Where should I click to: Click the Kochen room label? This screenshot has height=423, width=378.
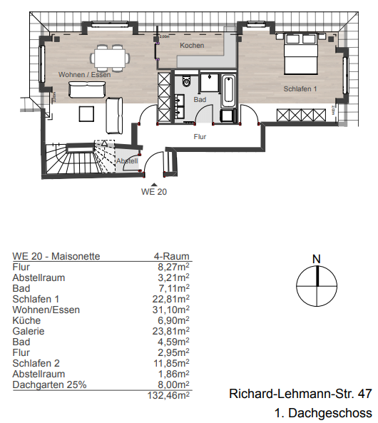pos(192,46)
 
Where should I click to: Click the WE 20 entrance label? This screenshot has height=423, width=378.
pos(155,191)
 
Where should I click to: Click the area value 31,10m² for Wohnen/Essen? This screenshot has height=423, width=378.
pos(171,310)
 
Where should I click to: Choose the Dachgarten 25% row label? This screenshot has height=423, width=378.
pos(49,384)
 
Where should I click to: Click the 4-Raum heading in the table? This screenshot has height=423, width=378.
pos(171,256)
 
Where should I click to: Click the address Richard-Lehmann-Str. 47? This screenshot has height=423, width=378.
pos(300,394)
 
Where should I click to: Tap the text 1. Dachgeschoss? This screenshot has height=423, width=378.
pos(323,413)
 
